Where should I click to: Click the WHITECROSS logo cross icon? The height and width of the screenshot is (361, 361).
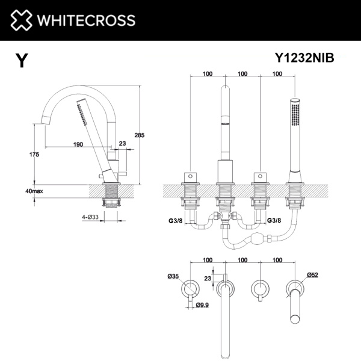coord(20,20)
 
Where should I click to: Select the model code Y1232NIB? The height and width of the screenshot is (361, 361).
coord(304,58)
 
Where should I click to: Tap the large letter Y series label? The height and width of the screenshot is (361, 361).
coord(22,61)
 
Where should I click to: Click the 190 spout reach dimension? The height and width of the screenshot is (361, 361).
coord(78,144)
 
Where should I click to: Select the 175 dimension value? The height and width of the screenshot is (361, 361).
coord(34,155)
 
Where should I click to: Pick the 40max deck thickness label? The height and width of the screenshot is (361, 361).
coord(34,191)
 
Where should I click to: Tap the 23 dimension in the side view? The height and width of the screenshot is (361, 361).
coord(123,144)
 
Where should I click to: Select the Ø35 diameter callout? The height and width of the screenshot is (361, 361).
coord(173,276)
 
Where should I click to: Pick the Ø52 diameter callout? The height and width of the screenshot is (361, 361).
coord(313,275)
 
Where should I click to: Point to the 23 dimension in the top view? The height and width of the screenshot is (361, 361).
coord(208,278)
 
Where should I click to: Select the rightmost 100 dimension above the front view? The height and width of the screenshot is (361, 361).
coord(277,74)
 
